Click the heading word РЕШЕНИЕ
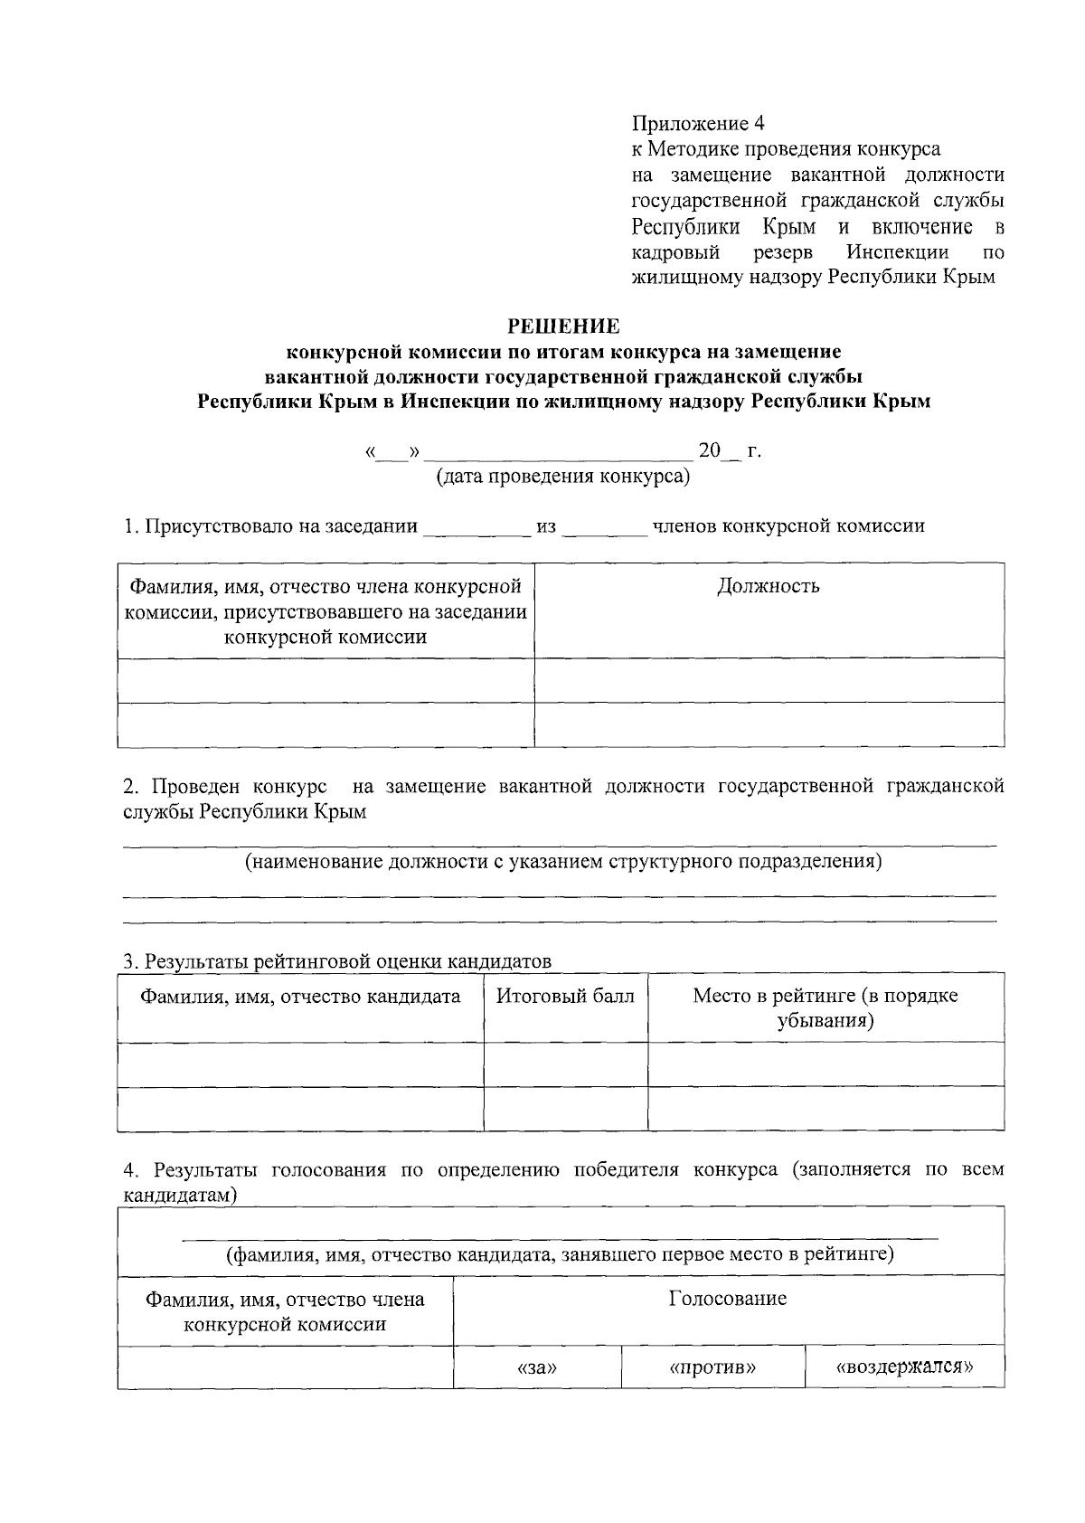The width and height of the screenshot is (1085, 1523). tap(563, 326)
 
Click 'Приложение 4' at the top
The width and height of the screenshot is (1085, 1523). tap(698, 123)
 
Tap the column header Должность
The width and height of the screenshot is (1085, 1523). tap(769, 586)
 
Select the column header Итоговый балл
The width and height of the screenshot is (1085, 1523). tap(566, 997)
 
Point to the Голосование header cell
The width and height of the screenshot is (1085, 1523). tap(728, 1299)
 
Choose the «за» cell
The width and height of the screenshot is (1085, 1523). tap(537, 1367)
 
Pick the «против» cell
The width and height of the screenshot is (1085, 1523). tap(712, 1367)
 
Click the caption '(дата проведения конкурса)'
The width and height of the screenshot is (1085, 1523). tap(563, 477)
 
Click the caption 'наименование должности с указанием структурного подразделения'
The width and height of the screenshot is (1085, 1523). tap(563, 861)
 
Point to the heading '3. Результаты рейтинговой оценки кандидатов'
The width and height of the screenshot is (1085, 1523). tap(337, 960)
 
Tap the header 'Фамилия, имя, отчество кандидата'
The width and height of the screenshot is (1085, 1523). tap(300, 997)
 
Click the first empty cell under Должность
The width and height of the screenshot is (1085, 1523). tap(769, 680)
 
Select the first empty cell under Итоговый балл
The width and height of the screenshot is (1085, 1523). tap(566, 1064)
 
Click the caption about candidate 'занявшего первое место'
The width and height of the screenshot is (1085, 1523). tap(560, 1254)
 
